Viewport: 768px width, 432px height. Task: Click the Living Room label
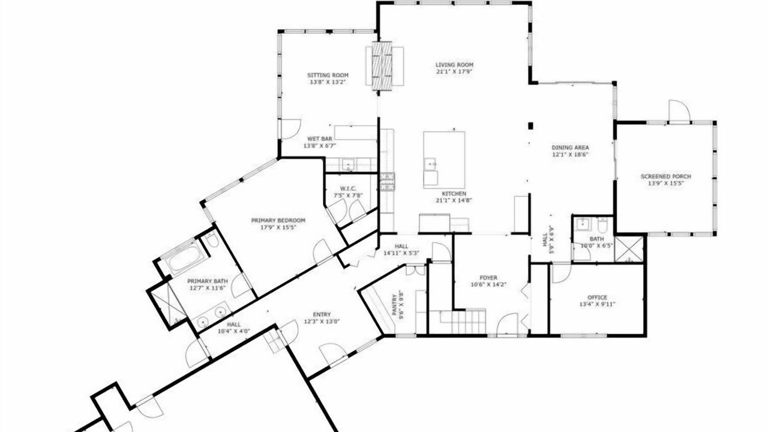pyautogui.click(x=454, y=65)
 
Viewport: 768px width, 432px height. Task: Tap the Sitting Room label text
pyautogui.click(x=328, y=75)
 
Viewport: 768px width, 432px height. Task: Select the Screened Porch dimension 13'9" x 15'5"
pyautogui.click(x=666, y=184)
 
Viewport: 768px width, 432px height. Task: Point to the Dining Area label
pyautogui.click(x=570, y=148)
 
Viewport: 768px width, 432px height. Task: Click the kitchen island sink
pyautogui.click(x=430, y=164)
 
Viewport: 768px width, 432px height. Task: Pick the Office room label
pyautogui.click(x=597, y=298)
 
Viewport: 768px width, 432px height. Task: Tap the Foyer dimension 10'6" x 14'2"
pyautogui.click(x=488, y=284)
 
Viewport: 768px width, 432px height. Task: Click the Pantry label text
pyautogui.click(x=395, y=304)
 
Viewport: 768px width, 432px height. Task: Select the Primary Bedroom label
pyautogui.click(x=278, y=220)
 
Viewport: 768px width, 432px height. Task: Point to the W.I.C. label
pyautogui.click(x=348, y=188)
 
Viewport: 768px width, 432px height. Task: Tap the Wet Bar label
pyautogui.click(x=320, y=139)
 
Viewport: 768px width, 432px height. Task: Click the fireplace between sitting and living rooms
pyautogui.click(x=382, y=67)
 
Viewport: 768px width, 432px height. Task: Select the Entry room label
pyautogui.click(x=322, y=314)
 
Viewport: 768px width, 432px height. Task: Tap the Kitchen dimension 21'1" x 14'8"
pyautogui.click(x=454, y=200)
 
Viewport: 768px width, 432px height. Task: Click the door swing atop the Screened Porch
pyautogui.click(x=679, y=112)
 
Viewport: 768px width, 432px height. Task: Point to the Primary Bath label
pyautogui.click(x=208, y=281)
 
